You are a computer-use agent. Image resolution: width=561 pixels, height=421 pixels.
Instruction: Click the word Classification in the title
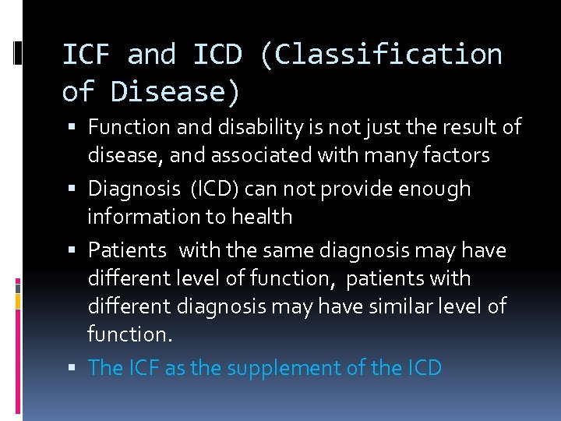tap(389, 55)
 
